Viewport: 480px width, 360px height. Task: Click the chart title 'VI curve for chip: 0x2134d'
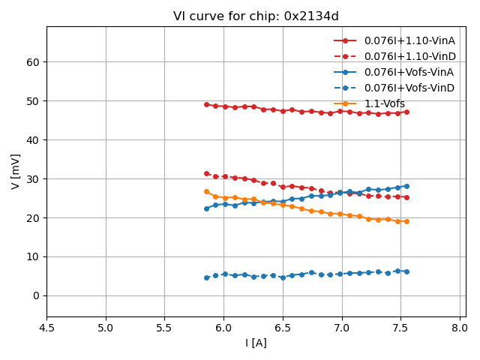[256, 16]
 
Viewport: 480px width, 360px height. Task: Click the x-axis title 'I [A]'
[256, 343]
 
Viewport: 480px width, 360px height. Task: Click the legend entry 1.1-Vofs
[385, 103]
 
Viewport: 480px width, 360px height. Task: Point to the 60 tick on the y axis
[34, 61]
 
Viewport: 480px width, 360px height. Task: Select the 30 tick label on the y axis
[34, 178]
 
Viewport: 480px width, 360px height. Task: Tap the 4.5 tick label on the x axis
[46, 328]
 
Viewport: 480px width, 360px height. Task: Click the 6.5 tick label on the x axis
[283, 328]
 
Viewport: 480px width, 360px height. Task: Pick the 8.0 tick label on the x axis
[460, 328]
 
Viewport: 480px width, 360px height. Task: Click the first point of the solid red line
[206, 104]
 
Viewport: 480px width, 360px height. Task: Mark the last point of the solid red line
[406, 112]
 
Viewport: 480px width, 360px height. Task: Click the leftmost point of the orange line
[206, 191]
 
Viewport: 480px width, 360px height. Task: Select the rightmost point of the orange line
[406, 221]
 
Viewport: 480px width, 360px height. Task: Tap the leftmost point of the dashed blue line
[206, 277]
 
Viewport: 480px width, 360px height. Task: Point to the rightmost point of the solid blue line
[406, 186]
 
